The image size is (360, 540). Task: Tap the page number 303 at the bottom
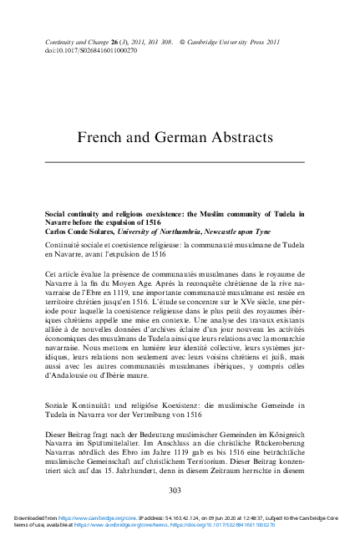pos(175,490)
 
